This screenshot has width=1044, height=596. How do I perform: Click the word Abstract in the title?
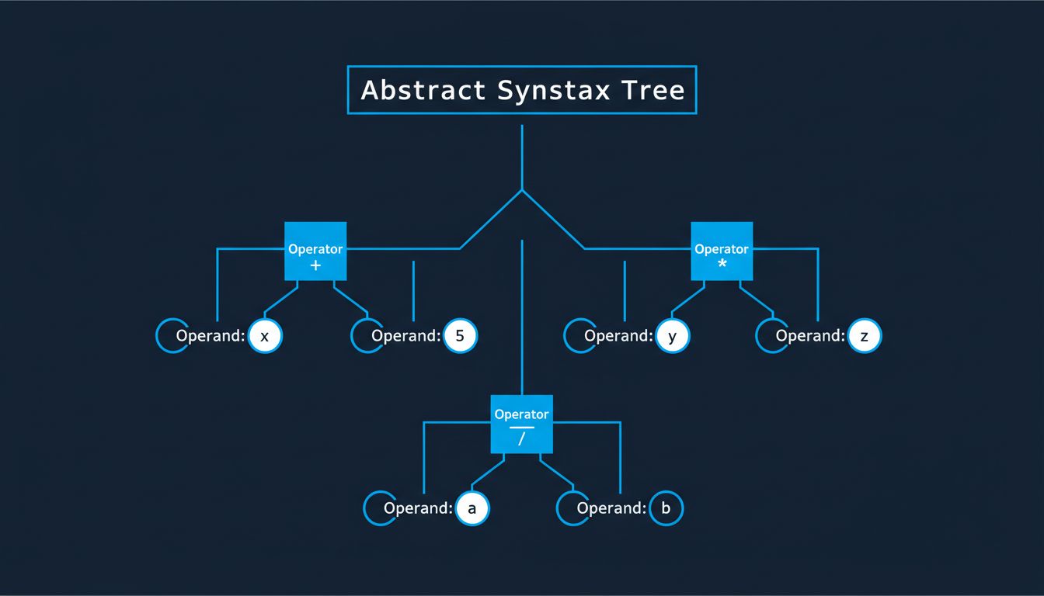coord(423,90)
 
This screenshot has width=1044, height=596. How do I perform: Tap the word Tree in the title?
coord(653,90)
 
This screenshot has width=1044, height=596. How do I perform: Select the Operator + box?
coord(315,251)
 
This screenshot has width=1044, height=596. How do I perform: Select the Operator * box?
coord(722,251)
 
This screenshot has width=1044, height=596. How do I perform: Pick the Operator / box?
coord(521,424)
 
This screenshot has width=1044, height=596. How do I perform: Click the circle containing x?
coord(265,337)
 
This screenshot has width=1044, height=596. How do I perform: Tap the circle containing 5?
coord(460,337)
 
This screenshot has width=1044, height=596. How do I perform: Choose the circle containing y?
coord(672,337)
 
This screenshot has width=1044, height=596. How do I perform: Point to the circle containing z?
coord(864,337)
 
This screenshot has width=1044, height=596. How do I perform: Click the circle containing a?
coord(472,509)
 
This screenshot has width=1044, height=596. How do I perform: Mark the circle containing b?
coord(665,509)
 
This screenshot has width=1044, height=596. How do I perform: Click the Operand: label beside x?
coord(210,337)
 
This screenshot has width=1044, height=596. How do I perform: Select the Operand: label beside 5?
coord(405,337)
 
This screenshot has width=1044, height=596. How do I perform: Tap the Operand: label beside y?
coord(618,337)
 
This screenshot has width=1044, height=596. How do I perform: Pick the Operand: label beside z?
coord(809,337)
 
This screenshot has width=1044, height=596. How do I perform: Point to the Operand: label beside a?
coord(417,509)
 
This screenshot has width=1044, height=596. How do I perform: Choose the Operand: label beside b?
coord(611,509)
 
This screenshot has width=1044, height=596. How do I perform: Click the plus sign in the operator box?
coord(315,265)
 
